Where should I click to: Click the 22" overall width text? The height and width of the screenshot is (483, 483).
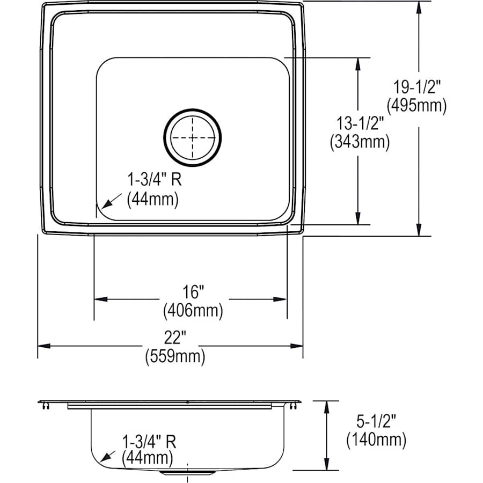(175, 339)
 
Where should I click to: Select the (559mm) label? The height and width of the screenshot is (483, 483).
(175, 356)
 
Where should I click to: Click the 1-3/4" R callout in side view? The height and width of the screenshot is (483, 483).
(149, 441)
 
